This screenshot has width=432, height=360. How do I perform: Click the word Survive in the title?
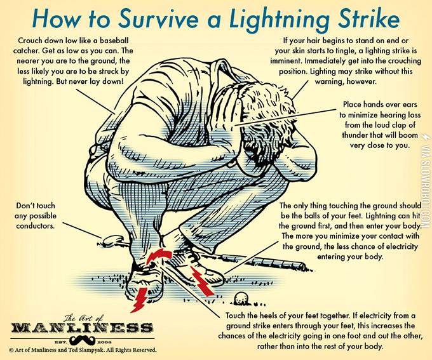click(159, 18)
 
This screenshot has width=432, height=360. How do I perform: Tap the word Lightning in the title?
click(279, 19)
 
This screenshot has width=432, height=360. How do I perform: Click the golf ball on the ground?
click(241, 299)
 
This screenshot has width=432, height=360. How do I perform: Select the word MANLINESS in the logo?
click(82, 328)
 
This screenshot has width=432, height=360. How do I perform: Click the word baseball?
click(114, 41)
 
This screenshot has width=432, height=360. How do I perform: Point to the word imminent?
click(286, 61)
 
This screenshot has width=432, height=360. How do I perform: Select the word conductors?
click(35, 226)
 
